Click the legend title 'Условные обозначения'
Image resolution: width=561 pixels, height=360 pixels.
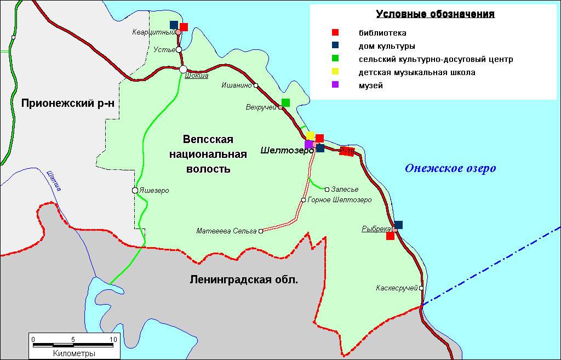coord(435,14)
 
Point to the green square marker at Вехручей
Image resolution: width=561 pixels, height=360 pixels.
coord(285,102)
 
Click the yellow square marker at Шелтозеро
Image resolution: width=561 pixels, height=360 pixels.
coord(310,135)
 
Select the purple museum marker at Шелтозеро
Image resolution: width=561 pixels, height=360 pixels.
coord(309,145)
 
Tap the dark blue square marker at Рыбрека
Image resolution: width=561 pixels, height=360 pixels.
coord(398,225)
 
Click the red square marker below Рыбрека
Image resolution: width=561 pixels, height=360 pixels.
coord(390,236)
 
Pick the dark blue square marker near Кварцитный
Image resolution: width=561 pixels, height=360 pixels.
coord(174,25)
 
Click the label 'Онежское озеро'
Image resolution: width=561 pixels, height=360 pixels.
coord(450,168)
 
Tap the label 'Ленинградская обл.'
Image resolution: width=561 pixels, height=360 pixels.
coord(244,280)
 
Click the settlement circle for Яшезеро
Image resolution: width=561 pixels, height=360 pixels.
coord(135,191)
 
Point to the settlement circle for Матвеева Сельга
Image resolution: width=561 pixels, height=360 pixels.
coord(261,231)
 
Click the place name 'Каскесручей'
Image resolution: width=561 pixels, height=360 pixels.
coord(397,288)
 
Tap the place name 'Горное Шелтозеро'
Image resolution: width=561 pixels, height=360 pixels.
coord(340,200)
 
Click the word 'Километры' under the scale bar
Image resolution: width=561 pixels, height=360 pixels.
coord(74,353)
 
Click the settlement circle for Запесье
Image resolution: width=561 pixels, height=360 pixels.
coord(327,190)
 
